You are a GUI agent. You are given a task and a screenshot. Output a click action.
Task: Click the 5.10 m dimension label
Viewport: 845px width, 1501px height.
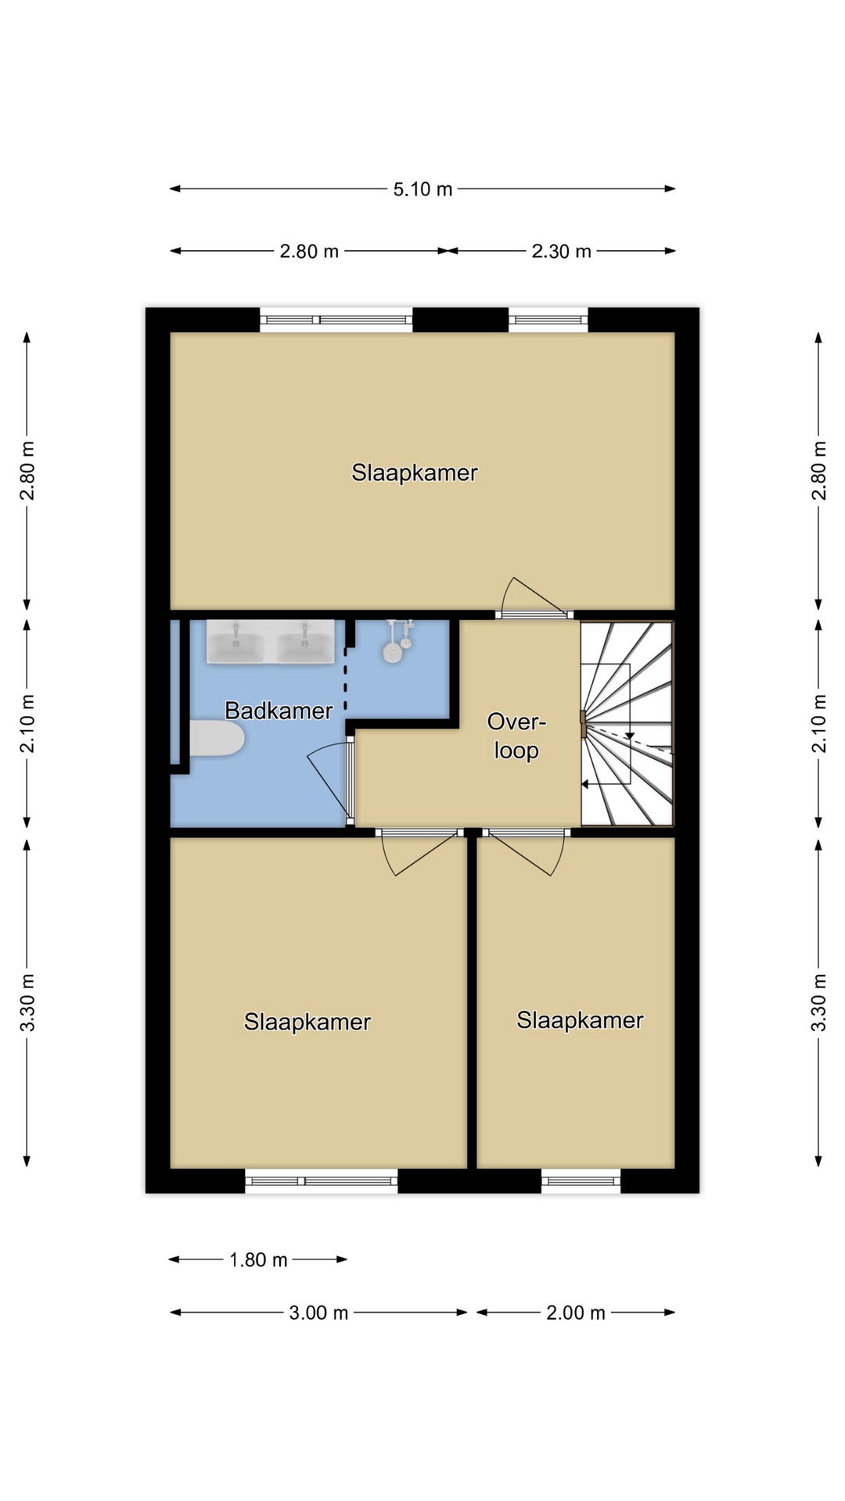422,189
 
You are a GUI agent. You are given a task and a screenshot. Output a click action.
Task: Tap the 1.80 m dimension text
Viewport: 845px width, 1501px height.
258,1259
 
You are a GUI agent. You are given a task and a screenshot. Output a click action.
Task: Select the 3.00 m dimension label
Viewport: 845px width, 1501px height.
318,1313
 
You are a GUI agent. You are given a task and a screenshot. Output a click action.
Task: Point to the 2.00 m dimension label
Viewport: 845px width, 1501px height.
576,1313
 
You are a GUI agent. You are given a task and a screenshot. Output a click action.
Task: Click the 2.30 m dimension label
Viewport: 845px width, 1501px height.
561,251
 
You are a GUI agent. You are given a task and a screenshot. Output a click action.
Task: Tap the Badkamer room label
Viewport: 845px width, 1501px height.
279,711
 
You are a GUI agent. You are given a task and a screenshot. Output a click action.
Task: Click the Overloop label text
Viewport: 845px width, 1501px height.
516,736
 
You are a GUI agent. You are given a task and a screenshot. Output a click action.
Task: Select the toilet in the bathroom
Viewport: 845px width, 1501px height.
217,739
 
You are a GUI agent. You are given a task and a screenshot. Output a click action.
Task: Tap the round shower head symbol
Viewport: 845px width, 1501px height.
393,651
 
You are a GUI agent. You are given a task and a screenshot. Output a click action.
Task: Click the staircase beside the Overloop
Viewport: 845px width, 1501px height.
627,723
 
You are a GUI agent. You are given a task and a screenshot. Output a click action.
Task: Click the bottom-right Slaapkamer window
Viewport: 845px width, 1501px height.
581,1180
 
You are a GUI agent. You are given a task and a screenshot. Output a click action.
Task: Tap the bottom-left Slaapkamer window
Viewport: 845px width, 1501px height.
322,1180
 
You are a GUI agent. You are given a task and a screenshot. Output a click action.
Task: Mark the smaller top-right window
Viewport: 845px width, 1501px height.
548,319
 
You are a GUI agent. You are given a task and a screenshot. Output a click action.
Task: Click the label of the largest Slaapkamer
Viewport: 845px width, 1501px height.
415,473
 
